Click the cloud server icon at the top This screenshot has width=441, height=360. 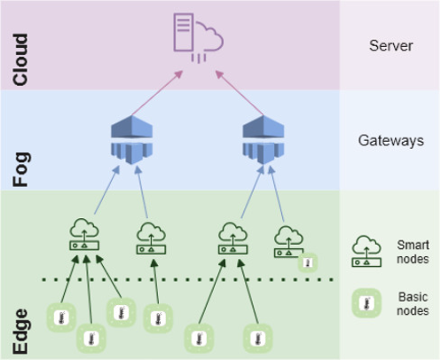coord(198,38)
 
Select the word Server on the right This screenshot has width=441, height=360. coord(390,46)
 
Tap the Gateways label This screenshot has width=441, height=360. coord(390,140)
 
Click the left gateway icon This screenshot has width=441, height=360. coord(131,140)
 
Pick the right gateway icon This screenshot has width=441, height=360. coord(264,140)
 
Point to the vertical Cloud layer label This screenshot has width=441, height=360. coord(20,60)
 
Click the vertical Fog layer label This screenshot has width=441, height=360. coord(21,169)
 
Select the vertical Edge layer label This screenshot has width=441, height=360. coord(20,332)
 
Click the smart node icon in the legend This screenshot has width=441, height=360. coord(366,251)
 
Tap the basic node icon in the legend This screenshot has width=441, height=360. coord(366,303)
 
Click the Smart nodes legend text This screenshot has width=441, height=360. coord(413,252)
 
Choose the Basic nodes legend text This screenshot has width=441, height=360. coord(413,303)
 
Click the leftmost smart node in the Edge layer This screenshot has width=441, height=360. coord(84,234)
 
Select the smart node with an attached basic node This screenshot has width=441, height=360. coord(288,242)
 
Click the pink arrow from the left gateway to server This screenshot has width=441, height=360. coord(157,93)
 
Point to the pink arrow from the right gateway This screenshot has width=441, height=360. coord(240,93)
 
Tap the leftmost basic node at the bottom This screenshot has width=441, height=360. coord(61,317)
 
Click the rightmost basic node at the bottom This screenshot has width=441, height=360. coord(257,338)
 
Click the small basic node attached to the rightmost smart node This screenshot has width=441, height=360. coord(308,262)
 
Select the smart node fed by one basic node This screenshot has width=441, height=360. coord(151,239)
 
